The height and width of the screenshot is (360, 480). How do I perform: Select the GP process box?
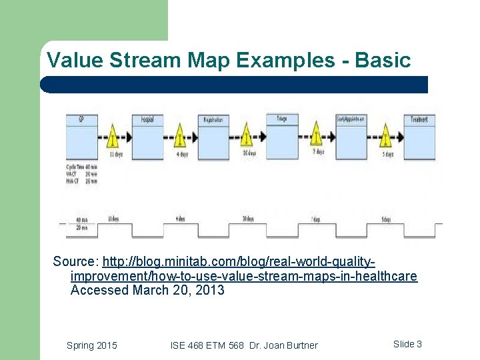[x=81, y=137]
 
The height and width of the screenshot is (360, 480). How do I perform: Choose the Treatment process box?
[x=419, y=137]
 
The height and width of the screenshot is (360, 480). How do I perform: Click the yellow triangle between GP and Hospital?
[x=113, y=137]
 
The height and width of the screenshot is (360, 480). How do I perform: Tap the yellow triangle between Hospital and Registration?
[x=180, y=137]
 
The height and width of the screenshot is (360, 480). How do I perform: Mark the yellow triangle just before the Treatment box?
[x=385, y=137]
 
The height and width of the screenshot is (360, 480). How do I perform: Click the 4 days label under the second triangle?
[x=181, y=155]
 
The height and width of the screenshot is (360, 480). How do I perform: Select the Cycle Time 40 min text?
[x=82, y=167]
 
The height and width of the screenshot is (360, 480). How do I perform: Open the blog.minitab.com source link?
[x=243, y=268]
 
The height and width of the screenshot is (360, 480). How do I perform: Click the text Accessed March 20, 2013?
[x=147, y=291]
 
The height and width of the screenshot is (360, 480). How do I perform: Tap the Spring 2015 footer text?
[x=92, y=345]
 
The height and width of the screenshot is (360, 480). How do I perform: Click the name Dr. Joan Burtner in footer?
[x=283, y=345]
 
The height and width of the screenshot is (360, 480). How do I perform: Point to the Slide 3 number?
[x=407, y=344]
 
